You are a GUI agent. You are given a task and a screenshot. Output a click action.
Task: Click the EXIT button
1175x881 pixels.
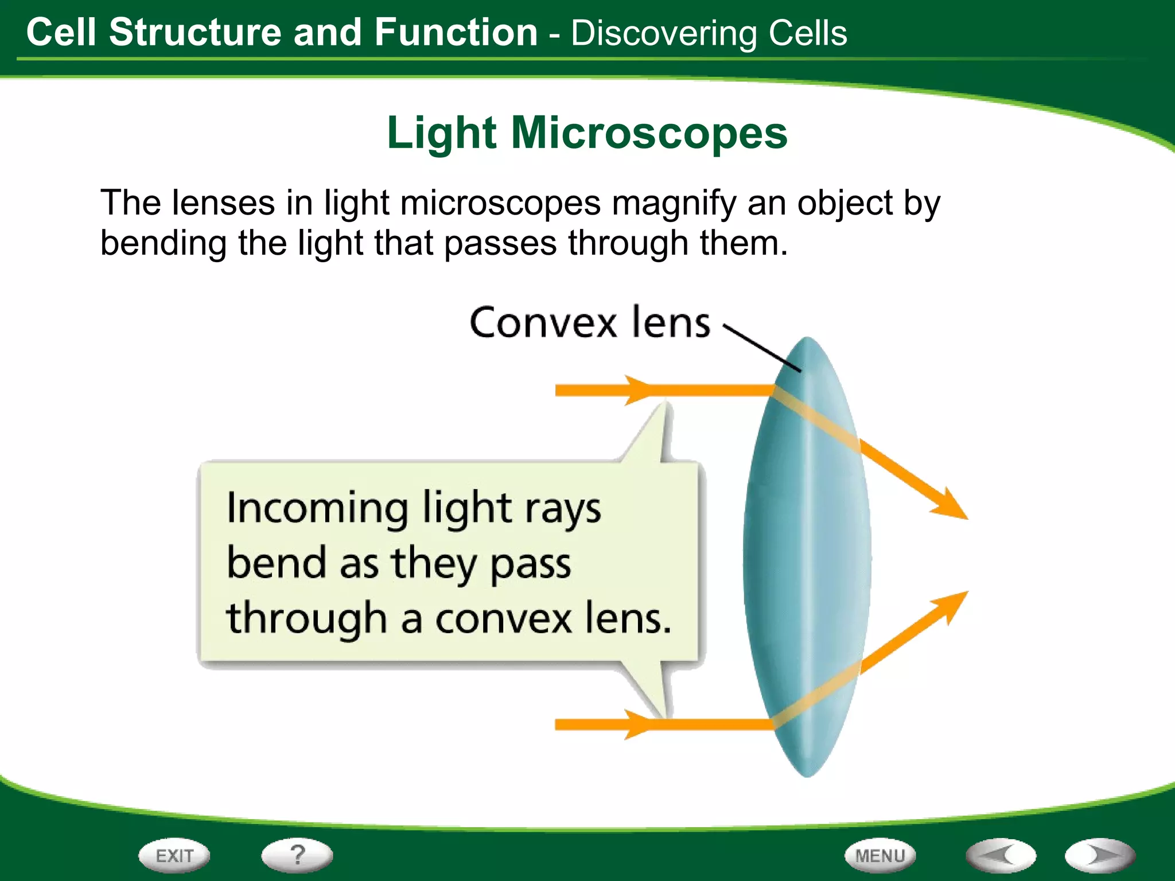(174, 856)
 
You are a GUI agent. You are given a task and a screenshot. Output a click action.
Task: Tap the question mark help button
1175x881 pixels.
(297, 855)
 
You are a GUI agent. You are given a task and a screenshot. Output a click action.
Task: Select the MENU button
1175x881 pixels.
(880, 856)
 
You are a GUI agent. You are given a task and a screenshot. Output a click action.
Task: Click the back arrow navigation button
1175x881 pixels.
(1001, 856)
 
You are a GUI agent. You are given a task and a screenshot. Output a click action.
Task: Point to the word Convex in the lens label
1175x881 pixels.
(542, 322)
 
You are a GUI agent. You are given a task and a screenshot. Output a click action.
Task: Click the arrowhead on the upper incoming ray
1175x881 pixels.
(637, 390)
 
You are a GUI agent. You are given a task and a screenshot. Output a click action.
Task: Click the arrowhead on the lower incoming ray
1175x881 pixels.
(637, 724)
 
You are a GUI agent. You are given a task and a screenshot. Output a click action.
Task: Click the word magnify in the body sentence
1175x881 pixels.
(674, 204)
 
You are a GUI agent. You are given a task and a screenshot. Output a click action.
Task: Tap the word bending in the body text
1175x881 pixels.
(164, 243)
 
